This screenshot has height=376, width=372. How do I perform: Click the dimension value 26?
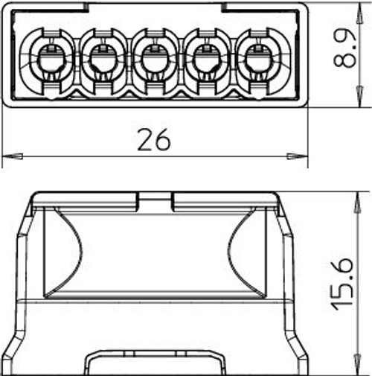[154, 139]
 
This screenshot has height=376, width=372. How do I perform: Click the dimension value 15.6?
[342, 284]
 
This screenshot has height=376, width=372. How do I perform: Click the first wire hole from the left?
[52, 59]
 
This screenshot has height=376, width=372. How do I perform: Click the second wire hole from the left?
[103, 59]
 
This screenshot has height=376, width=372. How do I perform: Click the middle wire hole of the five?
[155, 59]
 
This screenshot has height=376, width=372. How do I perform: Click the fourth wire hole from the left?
[207, 59]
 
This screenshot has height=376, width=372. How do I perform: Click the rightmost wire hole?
[258, 59]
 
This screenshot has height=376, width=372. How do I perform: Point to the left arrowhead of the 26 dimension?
[13, 156]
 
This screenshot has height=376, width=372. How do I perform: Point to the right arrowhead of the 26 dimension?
[297, 156]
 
